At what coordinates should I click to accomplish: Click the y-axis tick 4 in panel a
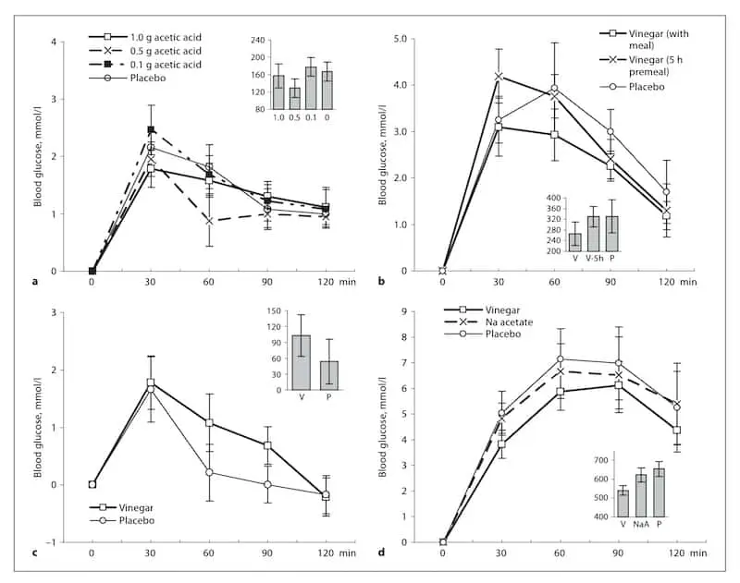pos(56,43)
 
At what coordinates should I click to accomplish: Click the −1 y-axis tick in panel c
pos(54,542)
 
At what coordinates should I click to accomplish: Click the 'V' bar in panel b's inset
pos(575,242)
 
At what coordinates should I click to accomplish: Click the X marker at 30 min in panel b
pos(499,77)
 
